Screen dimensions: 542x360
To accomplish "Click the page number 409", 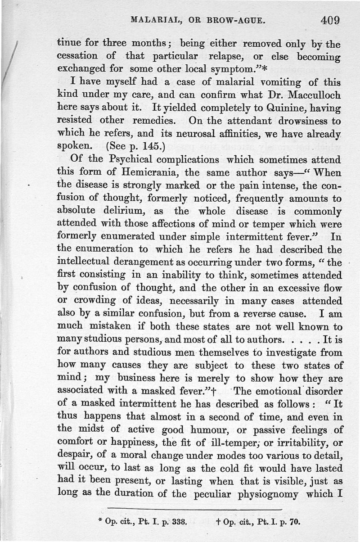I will [x=330, y=20].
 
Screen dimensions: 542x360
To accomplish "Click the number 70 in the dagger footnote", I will [x=295, y=523].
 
